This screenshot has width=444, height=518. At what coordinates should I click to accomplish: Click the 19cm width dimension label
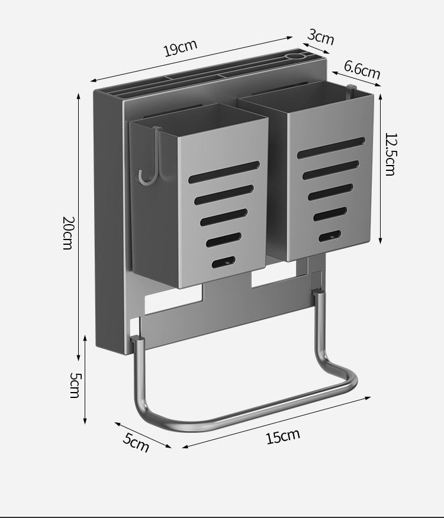[x=181, y=47]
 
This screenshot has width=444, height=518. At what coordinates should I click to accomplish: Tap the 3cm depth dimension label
[x=321, y=37]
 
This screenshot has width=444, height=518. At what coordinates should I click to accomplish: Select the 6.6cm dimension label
[x=362, y=70]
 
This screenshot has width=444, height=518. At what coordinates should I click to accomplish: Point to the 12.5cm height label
[x=390, y=154]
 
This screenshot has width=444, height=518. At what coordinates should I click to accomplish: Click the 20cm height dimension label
[x=68, y=233]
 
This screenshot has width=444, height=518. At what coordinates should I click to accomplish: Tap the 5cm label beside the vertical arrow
[x=75, y=385]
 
